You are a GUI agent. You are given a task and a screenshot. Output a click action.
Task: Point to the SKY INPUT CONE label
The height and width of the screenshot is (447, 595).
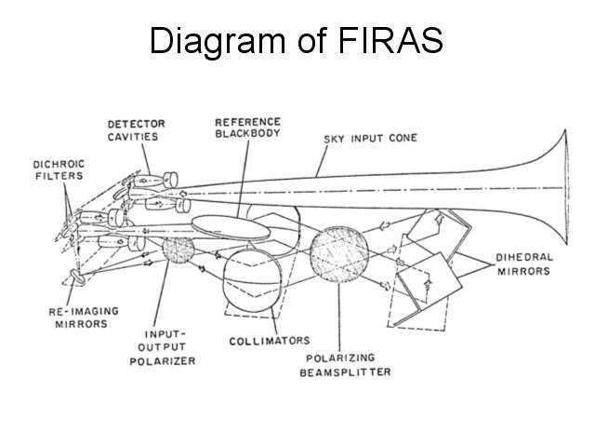[370, 139]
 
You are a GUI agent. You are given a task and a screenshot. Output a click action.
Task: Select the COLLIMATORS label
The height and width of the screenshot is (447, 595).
[270, 341]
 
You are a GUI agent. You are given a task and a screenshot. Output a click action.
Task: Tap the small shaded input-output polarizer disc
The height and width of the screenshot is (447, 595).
[178, 249]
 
